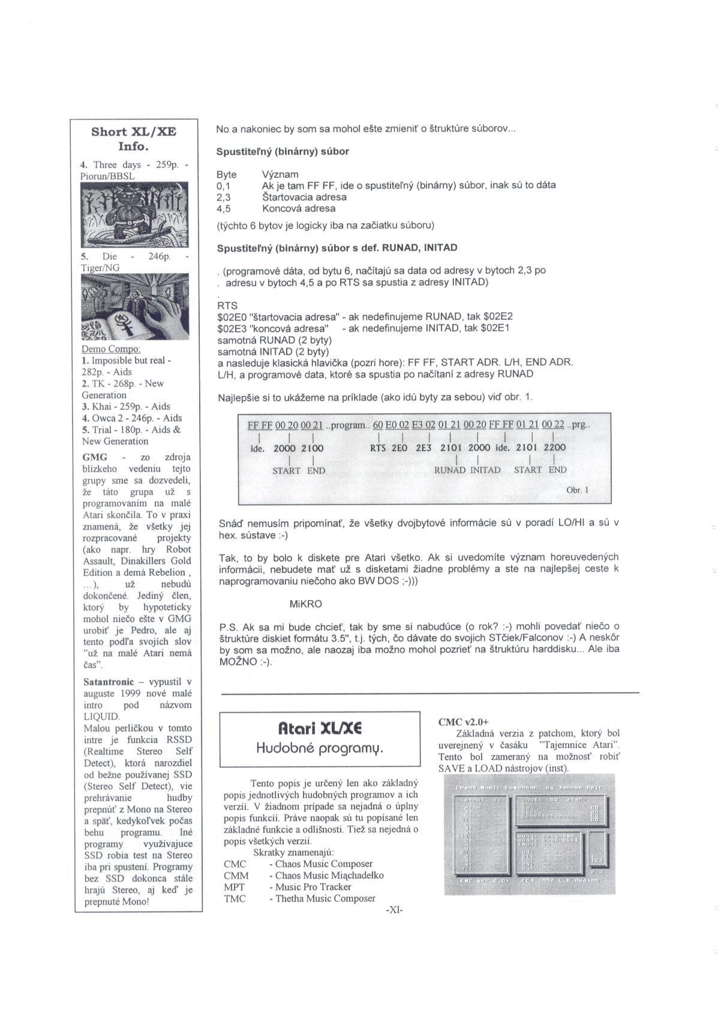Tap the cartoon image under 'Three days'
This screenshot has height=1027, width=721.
[x=134, y=215]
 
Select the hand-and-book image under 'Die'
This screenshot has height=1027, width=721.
[x=135, y=307]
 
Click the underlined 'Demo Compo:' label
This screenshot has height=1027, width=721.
[x=111, y=349]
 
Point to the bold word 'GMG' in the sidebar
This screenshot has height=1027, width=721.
[x=95, y=457]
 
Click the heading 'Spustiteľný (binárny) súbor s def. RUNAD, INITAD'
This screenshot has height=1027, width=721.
[x=337, y=247]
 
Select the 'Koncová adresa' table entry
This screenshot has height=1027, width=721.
[x=298, y=209]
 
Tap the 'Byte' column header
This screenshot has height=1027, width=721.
[x=227, y=175]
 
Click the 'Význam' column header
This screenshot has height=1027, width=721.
[x=280, y=175]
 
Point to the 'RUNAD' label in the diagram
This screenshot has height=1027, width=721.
[x=449, y=470]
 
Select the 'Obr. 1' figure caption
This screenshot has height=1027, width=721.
[x=577, y=490]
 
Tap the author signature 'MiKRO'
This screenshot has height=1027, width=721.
[x=305, y=603]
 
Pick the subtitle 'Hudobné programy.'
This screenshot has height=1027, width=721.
[x=319, y=747]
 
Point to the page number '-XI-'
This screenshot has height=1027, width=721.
[x=394, y=910]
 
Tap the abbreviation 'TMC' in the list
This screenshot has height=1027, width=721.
[x=235, y=899]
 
